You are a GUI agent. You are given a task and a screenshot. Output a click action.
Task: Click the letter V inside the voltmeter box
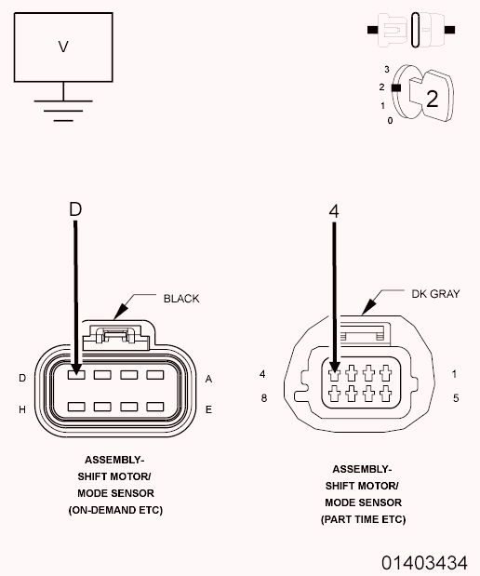click(63, 47)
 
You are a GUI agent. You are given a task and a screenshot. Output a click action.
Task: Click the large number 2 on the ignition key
click(432, 98)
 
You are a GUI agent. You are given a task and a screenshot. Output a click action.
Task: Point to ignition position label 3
click(387, 69)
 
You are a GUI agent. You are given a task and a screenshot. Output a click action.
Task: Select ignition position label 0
click(390, 120)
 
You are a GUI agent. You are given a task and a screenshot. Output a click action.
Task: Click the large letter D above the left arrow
click(75, 209)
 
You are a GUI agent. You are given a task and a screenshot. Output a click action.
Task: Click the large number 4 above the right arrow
click(334, 211)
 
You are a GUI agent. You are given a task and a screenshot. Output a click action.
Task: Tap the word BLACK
click(181, 299)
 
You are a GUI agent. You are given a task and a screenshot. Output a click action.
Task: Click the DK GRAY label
click(435, 294)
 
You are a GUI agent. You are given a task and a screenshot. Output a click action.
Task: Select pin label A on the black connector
click(208, 379)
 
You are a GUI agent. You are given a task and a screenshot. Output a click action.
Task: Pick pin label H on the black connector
click(22, 409)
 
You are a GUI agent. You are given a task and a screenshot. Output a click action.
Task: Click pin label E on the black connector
click(208, 409)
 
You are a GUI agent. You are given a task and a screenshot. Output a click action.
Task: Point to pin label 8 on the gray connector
click(263, 398)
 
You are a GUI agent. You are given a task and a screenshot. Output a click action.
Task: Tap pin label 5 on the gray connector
click(456, 398)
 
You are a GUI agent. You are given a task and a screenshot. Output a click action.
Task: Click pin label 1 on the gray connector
click(455, 374)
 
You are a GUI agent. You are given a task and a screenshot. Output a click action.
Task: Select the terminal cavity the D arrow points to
click(76, 375)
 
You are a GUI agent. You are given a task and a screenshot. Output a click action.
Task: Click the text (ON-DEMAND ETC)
click(115, 510)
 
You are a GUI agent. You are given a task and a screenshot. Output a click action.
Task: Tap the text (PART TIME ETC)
click(363, 519)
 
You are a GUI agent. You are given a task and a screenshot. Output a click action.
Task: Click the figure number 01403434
click(424, 563)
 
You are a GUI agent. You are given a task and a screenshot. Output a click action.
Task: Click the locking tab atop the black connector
click(115, 336)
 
